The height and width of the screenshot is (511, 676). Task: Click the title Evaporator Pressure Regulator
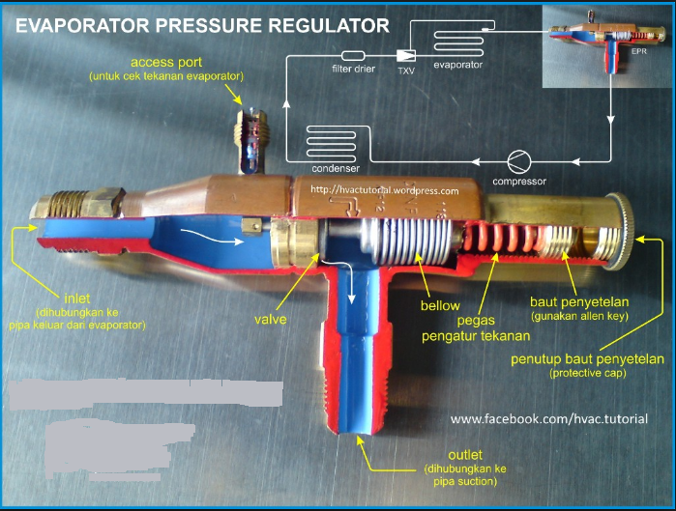(203, 25)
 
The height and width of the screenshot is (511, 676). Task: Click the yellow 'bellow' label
(439, 306)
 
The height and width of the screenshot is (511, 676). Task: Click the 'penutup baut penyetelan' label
(588, 360)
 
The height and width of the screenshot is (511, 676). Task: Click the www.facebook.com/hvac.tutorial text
(549, 419)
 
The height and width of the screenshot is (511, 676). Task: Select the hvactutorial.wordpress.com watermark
(385, 190)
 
